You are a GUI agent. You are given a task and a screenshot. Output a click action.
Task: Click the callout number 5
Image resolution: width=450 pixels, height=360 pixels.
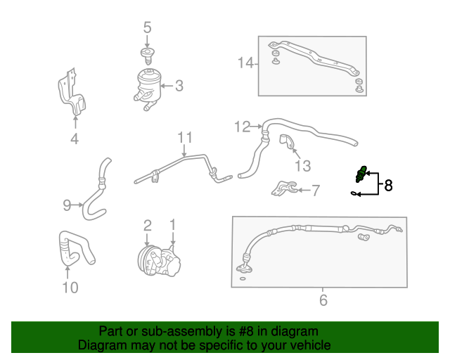coord(147,28)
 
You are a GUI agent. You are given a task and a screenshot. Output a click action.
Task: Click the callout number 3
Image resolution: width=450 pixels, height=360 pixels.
coord(179,86)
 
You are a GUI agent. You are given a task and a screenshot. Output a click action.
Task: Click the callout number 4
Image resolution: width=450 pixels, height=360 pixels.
coord(75,139)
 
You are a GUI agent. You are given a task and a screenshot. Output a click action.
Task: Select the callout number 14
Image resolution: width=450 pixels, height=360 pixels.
coord(245,64)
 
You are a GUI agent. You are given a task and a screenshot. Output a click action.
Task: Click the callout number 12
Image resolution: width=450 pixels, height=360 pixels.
coord(242,127)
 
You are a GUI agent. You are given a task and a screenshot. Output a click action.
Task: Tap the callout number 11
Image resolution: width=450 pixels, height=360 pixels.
coord(184,136)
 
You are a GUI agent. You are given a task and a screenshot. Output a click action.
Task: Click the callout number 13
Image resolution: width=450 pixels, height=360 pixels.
coord(302,166)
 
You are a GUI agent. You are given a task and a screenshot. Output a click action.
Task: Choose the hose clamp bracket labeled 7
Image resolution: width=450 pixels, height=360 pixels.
coord(283,188)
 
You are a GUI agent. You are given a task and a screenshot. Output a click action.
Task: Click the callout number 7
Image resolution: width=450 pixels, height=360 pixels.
coord(315,190)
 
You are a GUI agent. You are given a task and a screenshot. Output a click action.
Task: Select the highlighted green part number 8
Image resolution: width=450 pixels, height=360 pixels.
coord(361,174)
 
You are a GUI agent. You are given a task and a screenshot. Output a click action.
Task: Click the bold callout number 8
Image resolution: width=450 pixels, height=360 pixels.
coord(387,186)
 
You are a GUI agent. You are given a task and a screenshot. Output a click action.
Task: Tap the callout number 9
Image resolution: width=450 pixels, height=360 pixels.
coord(67,205)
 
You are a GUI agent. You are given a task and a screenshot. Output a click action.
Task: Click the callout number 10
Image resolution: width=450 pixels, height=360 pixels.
coord(70,287)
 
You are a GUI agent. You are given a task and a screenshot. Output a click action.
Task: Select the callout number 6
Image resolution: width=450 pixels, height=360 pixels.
coord(323,300)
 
